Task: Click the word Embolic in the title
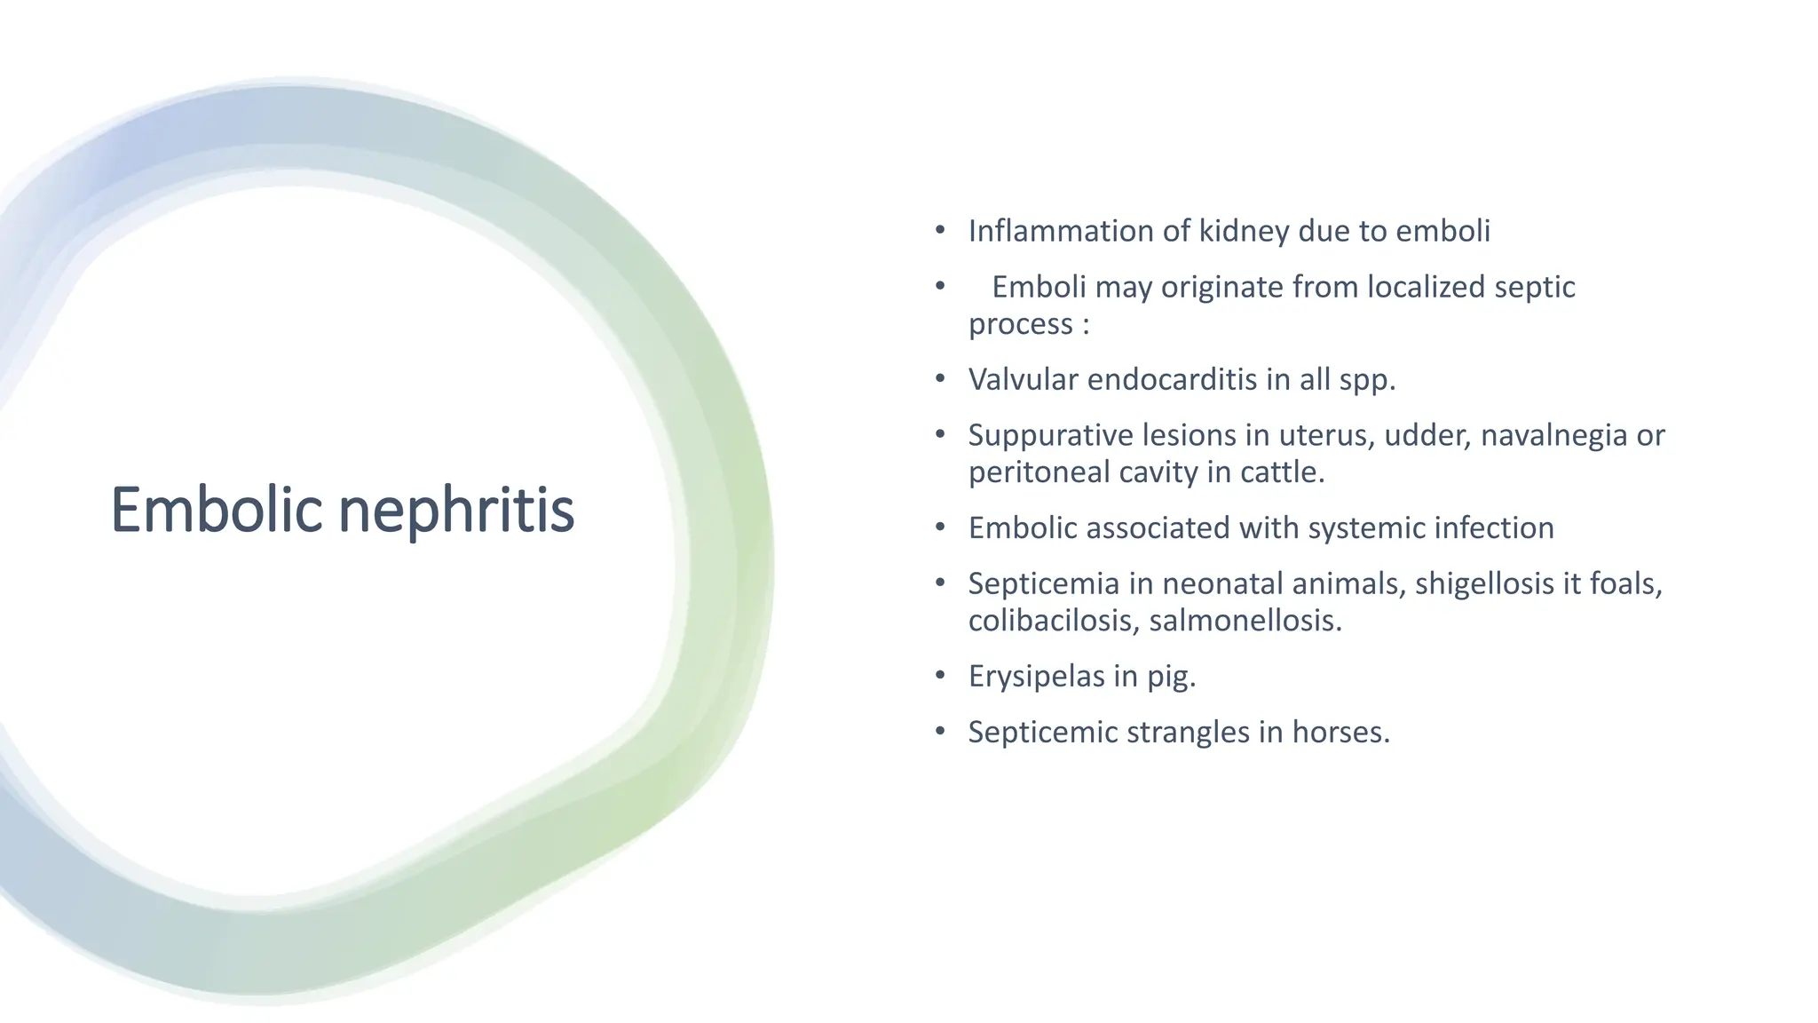(216, 511)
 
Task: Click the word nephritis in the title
(456, 511)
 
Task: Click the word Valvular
(1024, 379)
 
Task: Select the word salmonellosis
(1245, 620)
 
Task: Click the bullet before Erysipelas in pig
(940, 677)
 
